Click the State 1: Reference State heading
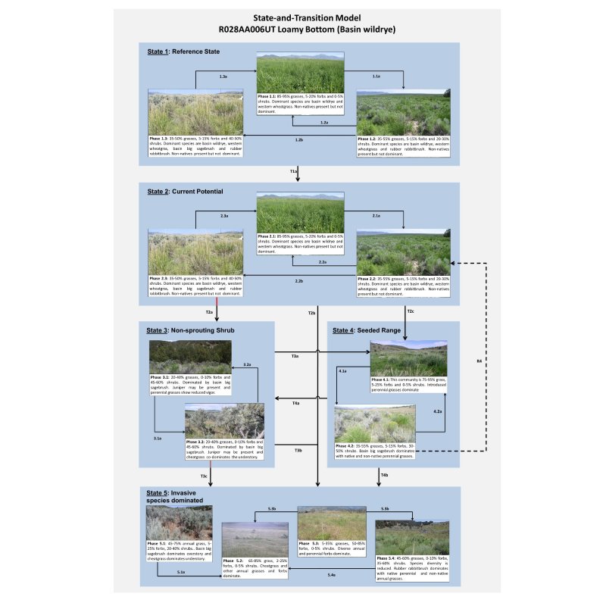tap(183, 51)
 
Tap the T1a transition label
tap(294, 173)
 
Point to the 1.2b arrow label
tap(298, 140)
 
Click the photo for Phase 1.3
tap(195, 112)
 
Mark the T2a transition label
tap(209, 312)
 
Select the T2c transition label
tap(411, 311)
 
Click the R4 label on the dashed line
tap(478, 360)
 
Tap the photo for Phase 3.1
tap(190, 357)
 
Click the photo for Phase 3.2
tap(225, 420)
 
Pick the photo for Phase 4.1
tap(408, 358)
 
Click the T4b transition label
tap(385, 474)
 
